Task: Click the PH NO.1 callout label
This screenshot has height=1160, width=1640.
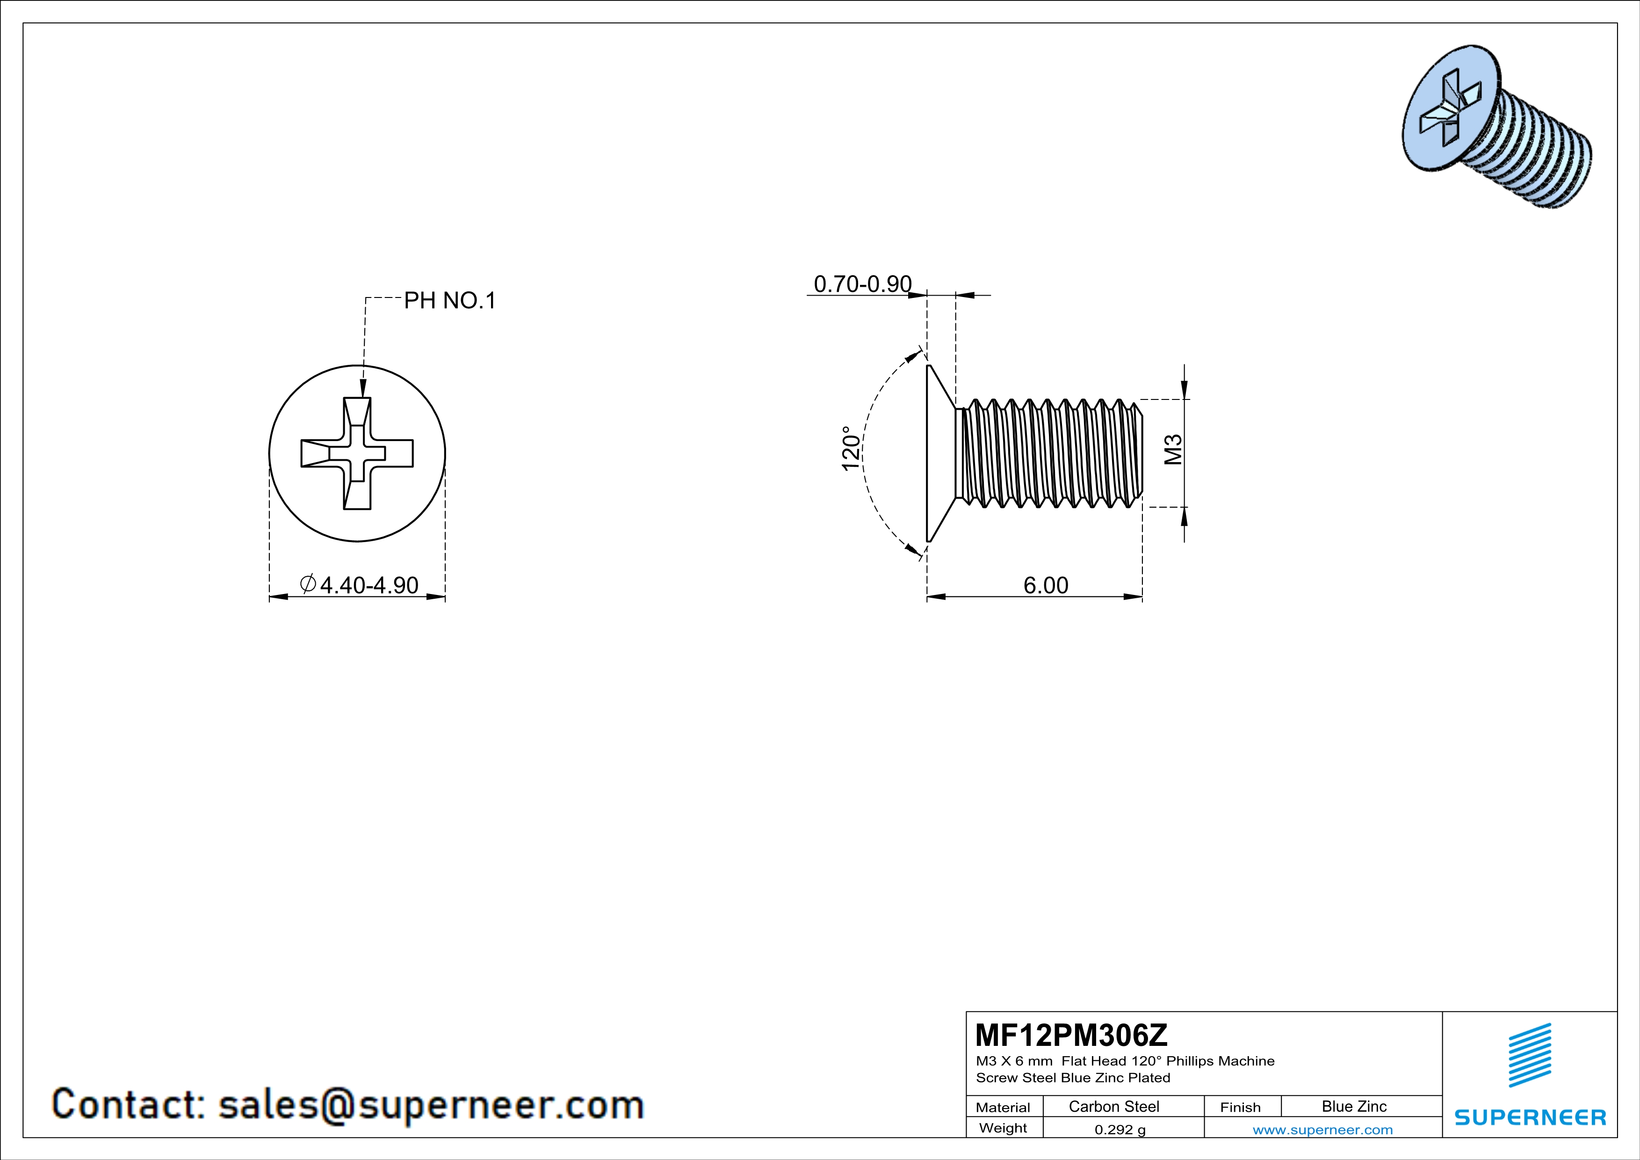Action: (449, 301)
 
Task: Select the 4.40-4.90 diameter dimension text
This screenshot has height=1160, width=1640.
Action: (368, 585)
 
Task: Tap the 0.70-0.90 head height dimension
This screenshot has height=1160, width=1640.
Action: (862, 284)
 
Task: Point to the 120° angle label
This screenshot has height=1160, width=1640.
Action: (851, 449)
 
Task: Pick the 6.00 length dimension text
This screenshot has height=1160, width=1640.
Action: (1046, 585)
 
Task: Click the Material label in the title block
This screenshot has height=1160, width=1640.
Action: (1003, 1107)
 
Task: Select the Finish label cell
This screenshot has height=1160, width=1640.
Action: (1240, 1107)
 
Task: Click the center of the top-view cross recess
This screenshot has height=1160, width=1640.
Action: (357, 454)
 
